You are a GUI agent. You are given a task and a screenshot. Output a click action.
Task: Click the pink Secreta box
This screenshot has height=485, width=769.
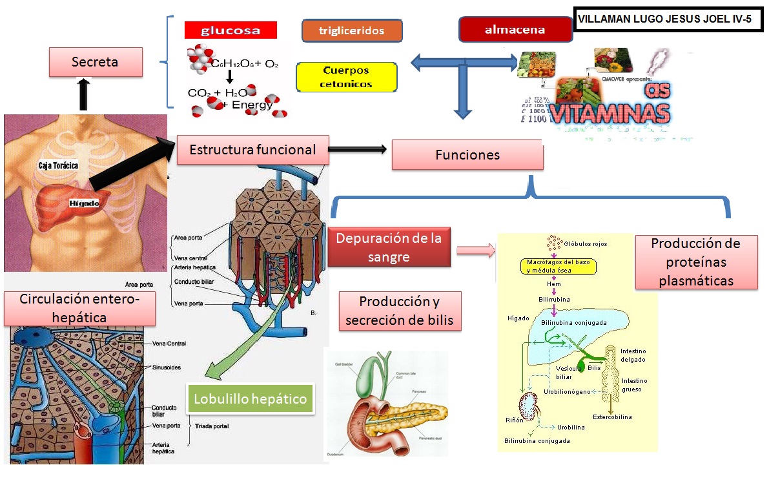[x=96, y=63]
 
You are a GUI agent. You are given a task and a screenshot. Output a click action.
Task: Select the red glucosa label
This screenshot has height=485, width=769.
[x=231, y=30]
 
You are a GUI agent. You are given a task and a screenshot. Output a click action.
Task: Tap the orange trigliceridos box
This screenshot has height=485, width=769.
[x=352, y=30]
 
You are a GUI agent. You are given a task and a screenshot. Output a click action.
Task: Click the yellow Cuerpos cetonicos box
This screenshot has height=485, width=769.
[x=347, y=77]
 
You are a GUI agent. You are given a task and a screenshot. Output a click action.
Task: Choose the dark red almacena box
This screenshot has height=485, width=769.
[x=515, y=30]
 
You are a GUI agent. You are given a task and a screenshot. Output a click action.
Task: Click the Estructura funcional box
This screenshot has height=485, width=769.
[x=252, y=150]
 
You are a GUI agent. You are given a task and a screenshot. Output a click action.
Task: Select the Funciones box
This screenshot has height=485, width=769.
[x=467, y=156]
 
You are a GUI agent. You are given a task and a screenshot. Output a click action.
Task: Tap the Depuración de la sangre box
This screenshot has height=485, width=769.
[x=389, y=246]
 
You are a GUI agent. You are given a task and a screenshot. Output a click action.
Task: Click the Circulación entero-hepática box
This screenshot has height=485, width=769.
[x=79, y=308]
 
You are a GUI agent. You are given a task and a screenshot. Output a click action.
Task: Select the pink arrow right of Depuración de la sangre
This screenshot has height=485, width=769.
[x=475, y=250]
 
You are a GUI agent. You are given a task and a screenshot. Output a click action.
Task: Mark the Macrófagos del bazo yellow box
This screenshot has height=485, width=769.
[x=559, y=267]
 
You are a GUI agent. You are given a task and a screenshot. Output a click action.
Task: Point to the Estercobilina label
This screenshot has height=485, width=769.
[x=612, y=417]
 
